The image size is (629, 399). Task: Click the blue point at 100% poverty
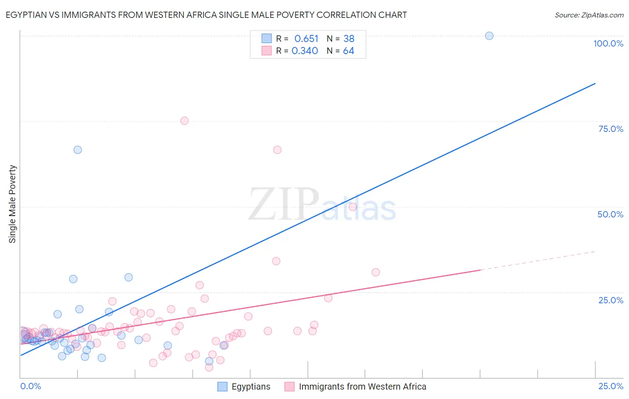(489, 36)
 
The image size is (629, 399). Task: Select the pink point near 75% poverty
(184, 121)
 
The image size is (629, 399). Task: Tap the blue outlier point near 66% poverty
(78, 150)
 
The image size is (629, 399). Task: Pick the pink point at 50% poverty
(353, 207)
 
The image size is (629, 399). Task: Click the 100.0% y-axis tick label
(608, 43)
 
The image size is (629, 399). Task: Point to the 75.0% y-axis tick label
(611, 129)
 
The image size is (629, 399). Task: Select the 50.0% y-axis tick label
(610, 214)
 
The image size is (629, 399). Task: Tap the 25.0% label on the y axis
(611, 300)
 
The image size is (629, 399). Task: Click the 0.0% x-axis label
(30, 386)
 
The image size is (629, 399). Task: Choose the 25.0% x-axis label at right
(611, 386)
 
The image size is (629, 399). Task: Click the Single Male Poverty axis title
(13, 204)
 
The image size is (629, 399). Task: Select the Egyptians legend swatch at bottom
(222, 386)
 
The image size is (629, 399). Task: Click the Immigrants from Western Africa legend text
(362, 386)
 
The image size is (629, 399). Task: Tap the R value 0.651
(306, 38)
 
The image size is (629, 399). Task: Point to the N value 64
(348, 51)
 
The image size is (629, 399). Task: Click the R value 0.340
(305, 51)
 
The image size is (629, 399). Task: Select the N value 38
(348, 38)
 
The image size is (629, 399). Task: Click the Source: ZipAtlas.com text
(589, 15)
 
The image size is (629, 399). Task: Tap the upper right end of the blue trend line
(595, 84)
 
